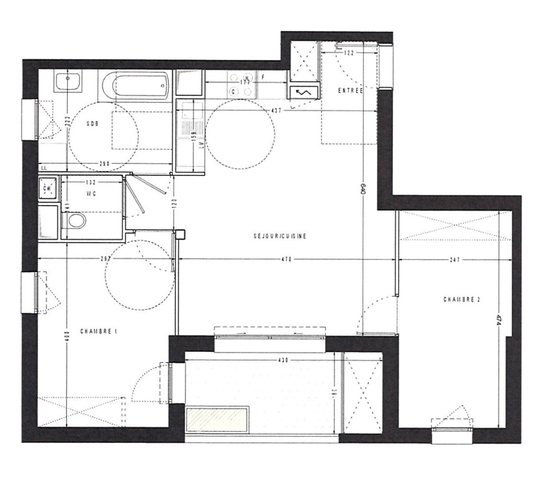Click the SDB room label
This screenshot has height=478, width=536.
point(92,123)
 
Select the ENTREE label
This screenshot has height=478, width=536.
point(350,90)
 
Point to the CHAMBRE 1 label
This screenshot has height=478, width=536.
point(98,331)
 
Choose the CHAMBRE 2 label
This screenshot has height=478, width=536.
point(461,300)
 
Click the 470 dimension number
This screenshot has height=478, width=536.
point(286,260)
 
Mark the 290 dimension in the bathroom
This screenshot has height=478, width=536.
point(105,164)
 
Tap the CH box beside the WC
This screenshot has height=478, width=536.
point(47,187)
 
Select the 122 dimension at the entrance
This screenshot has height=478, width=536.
point(349,54)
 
